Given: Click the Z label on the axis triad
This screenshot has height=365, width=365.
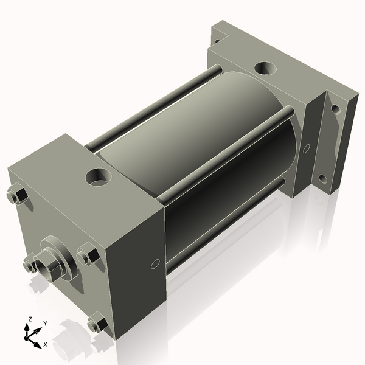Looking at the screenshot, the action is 30,319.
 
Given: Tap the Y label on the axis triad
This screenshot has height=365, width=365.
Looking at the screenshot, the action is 46,324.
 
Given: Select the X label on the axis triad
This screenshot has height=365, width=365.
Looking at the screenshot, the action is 46,344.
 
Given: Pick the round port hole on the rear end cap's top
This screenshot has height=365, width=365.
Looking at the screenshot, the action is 265,68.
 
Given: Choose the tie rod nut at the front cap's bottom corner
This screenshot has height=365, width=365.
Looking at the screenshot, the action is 98,322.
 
